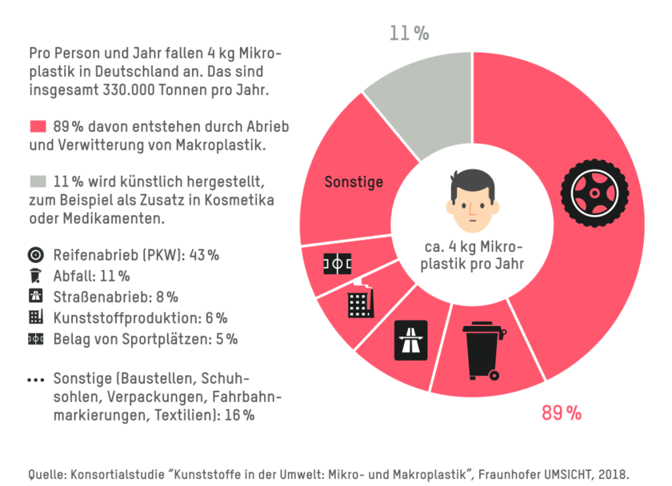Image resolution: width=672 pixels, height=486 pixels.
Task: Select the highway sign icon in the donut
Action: [411, 341]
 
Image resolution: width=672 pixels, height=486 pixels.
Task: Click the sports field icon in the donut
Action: [336, 264]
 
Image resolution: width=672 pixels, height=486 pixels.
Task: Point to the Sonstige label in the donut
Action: [354, 182]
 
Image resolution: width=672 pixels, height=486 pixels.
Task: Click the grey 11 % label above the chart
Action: [409, 34]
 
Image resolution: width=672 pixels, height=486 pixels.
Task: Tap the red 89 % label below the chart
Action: [562, 413]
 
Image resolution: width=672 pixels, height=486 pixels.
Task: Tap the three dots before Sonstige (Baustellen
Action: [35, 379]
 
